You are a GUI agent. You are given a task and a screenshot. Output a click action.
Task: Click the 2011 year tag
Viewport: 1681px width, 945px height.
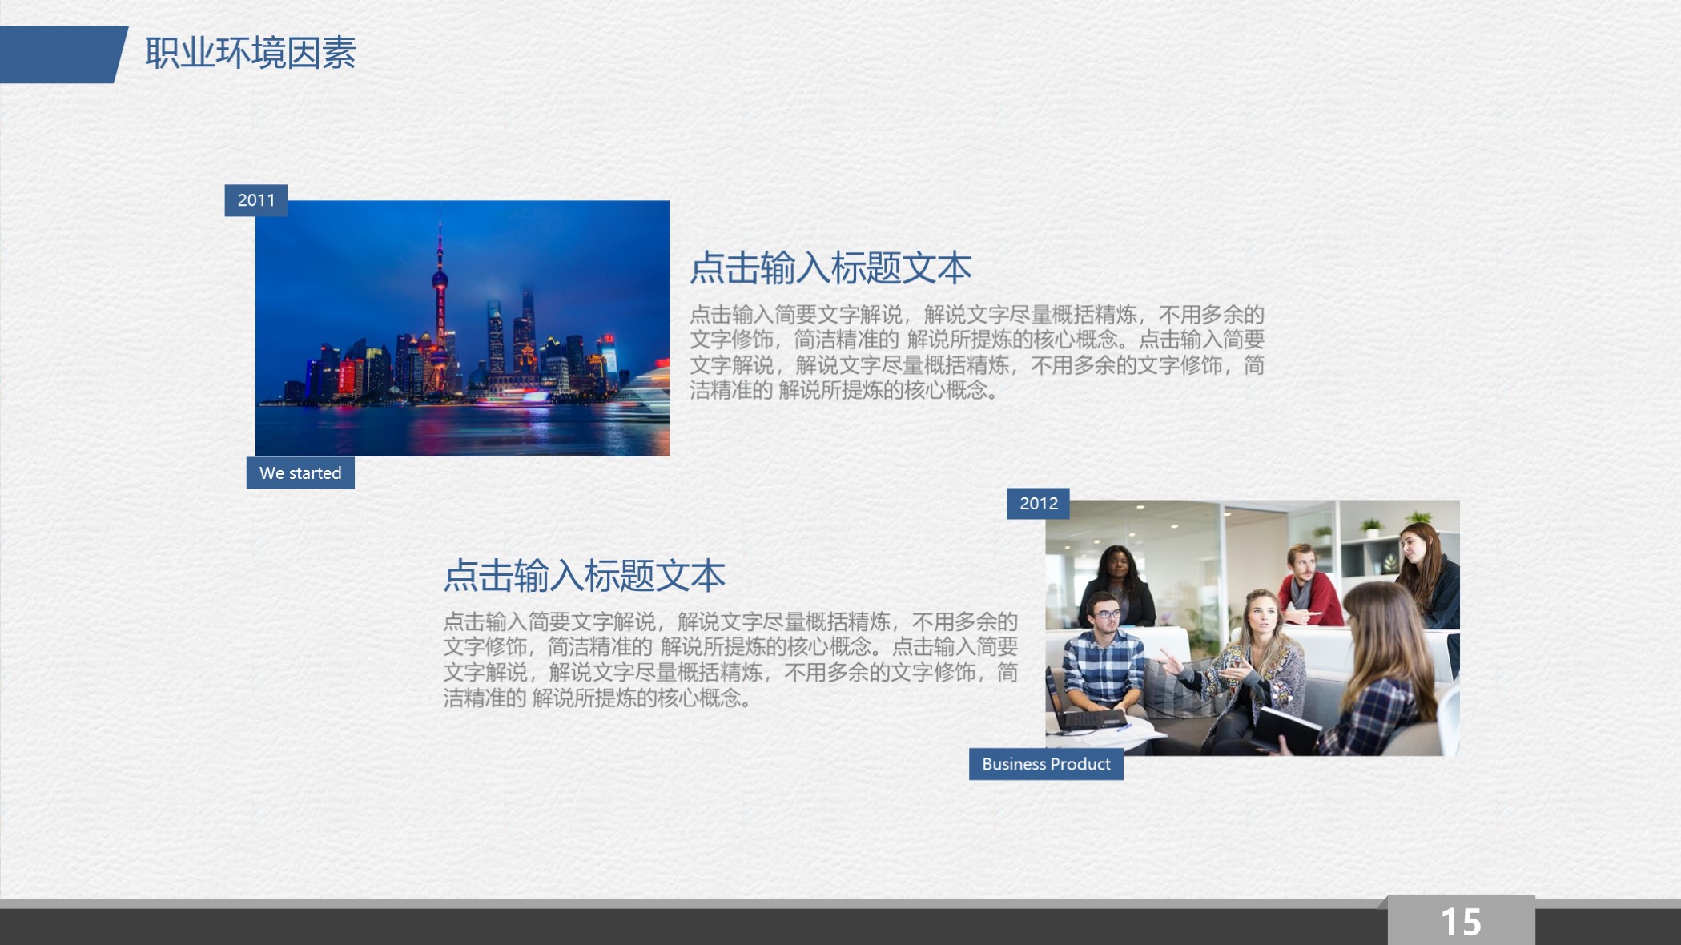click(255, 200)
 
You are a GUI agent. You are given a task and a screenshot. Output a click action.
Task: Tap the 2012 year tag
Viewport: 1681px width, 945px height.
click(1038, 504)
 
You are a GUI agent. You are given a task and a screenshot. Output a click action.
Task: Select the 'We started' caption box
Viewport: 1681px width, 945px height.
click(300, 473)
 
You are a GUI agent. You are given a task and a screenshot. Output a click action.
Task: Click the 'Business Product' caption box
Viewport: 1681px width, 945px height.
click(1046, 764)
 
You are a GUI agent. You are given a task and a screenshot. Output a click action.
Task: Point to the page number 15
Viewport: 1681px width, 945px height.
click(1461, 922)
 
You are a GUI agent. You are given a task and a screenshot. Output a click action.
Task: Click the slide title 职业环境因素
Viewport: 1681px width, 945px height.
click(250, 54)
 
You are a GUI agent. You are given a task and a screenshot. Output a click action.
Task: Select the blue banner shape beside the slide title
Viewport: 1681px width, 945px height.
click(60, 54)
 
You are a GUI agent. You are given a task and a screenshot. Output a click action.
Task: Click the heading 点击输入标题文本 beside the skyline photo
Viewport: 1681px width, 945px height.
click(830, 267)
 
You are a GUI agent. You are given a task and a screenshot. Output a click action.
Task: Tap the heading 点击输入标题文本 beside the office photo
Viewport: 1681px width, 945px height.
click(584, 576)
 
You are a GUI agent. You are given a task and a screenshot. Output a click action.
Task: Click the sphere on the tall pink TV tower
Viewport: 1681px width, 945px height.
click(440, 279)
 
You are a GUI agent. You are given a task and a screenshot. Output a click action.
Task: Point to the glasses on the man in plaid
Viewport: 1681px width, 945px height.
click(1108, 614)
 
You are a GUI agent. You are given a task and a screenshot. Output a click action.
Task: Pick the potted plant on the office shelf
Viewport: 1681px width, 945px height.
click(1371, 527)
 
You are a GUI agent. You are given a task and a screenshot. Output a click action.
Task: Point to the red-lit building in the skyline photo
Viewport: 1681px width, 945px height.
click(348, 376)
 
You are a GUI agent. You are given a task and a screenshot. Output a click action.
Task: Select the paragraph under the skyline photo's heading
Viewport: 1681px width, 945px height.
click(976, 352)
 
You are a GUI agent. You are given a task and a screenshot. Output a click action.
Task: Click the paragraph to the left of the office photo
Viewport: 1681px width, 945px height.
click(730, 660)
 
